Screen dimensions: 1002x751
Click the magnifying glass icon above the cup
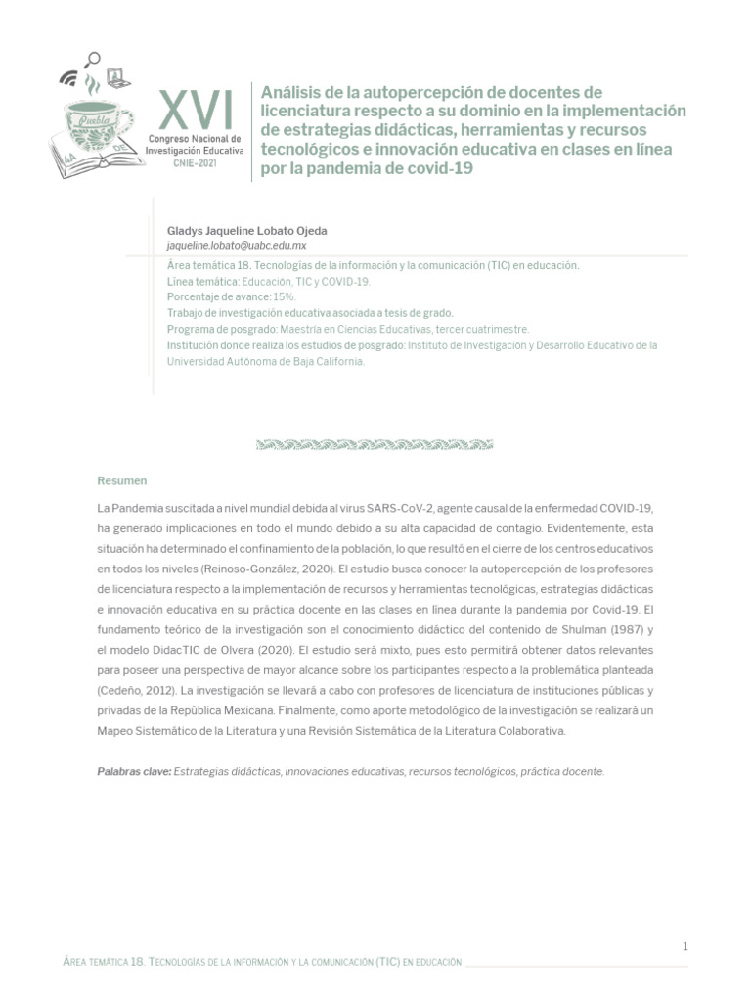pos(94,59)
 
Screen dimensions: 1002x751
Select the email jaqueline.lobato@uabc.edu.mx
pos(237,246)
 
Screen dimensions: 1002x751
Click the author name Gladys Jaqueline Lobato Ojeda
pos(247,230)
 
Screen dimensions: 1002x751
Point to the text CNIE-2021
pos(196,162)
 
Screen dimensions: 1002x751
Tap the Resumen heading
pos(121,480)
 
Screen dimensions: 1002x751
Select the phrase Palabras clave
pos(133,771)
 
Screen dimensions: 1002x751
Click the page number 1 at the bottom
pos(685,946)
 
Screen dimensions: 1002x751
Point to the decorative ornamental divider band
pos(375,445)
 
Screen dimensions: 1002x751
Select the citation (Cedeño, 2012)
pos(132,691)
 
